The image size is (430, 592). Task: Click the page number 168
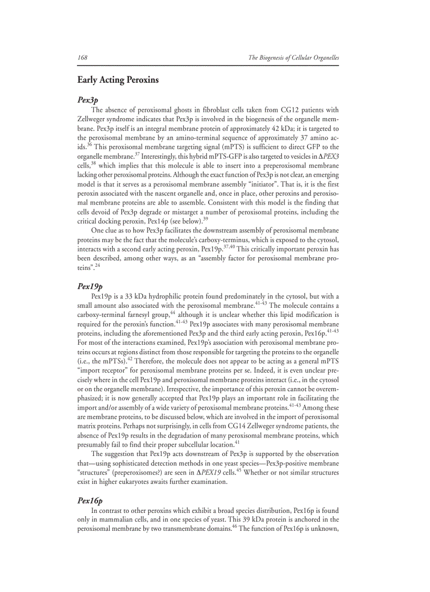(x=82, y=57)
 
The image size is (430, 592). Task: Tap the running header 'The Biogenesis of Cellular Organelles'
(x=294, y=57)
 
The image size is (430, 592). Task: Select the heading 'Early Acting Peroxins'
(x=118, y=81)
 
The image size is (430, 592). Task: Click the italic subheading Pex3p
(x=87, y=99)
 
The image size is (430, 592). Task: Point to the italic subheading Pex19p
(x=90, y=286)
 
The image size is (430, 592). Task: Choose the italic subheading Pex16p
(x=90, y=500)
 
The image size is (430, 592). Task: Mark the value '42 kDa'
(x=285, y=129)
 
